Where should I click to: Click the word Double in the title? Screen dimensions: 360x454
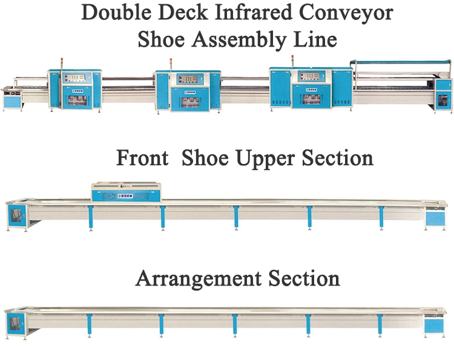point(113,13)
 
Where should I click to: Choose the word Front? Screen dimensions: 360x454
point(142,159)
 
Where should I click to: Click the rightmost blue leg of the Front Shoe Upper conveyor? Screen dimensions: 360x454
point(381,217)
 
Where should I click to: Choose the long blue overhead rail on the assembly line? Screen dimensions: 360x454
point(393,61)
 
